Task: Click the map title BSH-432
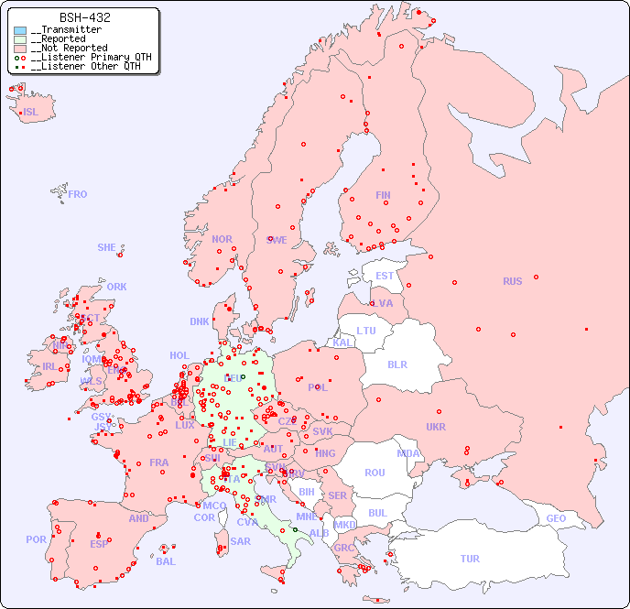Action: point(85,17)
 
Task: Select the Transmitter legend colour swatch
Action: point(20,30)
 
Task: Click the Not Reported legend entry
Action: point(68,48)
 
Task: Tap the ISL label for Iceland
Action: point(31,113)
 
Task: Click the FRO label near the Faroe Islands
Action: point(78,194)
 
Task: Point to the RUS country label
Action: point(512,281)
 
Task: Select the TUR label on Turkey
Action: point(470,559)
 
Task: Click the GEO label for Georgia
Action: point(556,518)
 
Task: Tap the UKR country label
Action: point(436,427)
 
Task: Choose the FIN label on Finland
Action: point(383,195)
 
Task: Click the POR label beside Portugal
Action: point(36,539)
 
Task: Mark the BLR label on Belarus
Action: point(397,364)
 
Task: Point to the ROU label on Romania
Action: point(375,473)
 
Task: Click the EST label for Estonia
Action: point(385,276)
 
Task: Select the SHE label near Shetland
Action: point(107,247)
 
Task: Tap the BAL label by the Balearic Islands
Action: point(166,561)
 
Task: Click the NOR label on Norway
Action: point(222,239)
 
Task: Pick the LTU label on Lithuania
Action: point(366,331)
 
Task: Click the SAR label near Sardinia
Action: point(240,541)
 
